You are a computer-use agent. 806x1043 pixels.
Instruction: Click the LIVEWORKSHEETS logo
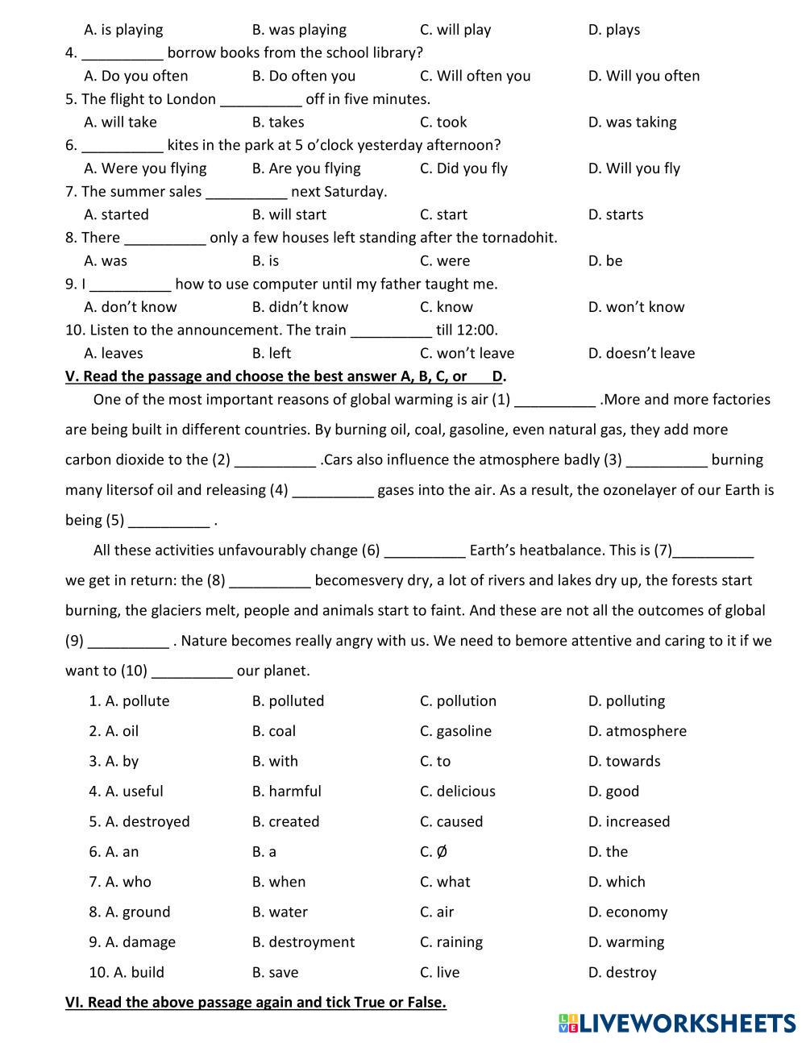coord(676,1023)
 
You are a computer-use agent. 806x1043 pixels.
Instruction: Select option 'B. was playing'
coord(298,30)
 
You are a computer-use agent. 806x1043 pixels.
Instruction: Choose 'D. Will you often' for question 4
coord(643,76)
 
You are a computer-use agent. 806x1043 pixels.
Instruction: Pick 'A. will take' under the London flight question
coord(120,122)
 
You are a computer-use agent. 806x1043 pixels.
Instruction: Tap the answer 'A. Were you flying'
coord(145,168)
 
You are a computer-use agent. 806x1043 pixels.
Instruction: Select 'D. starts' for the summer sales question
coord(615,214)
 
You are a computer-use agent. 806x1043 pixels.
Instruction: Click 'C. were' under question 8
coord(444,260)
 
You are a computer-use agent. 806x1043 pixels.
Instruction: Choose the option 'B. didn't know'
coord(300,307)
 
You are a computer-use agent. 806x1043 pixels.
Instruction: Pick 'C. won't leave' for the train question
coord(467,353)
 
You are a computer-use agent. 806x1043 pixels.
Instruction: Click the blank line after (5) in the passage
coord(168,521)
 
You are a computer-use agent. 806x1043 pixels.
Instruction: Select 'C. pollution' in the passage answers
coord(458,701)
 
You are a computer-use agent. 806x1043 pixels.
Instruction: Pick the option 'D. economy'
coord(627,912)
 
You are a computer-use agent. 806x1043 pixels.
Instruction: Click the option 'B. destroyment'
coord(303,942)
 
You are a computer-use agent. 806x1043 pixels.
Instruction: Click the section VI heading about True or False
coord(256,1003)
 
